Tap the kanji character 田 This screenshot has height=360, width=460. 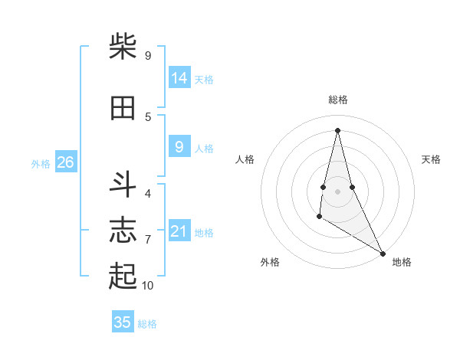tap(123, 108)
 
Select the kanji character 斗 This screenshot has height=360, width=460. tap(123, 185)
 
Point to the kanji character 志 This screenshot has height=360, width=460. tap(123, 231)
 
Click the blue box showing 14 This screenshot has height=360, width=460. tap(179, 78)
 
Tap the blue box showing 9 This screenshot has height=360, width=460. tap(179, 147)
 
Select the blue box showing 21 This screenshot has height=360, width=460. tap(179, 231)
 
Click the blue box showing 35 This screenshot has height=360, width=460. tap(123, 322)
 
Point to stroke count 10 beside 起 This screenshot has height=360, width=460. tap(148, 286)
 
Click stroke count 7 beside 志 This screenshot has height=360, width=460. tap(148, 240)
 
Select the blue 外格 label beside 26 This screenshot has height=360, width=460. tap(41, 163)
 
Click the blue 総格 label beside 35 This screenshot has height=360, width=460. tap(147, 324)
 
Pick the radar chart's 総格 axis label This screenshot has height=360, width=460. tap(338, 100)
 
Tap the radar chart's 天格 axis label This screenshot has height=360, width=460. tap(432, 159)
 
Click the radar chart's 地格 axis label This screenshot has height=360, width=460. tap(402, 263)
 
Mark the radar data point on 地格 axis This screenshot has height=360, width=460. tap(383, 253)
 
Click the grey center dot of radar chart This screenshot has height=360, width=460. tap(338, 191)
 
